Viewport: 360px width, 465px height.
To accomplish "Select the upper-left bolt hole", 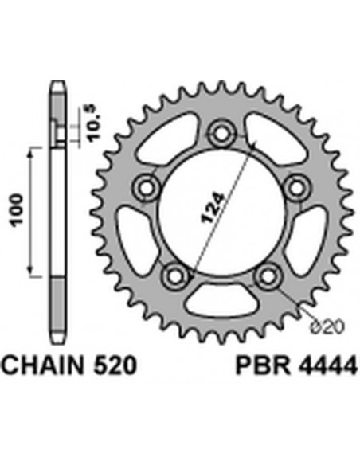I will click(x=147, y=187).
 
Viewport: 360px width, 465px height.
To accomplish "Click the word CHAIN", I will click(x=48, y=367).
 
